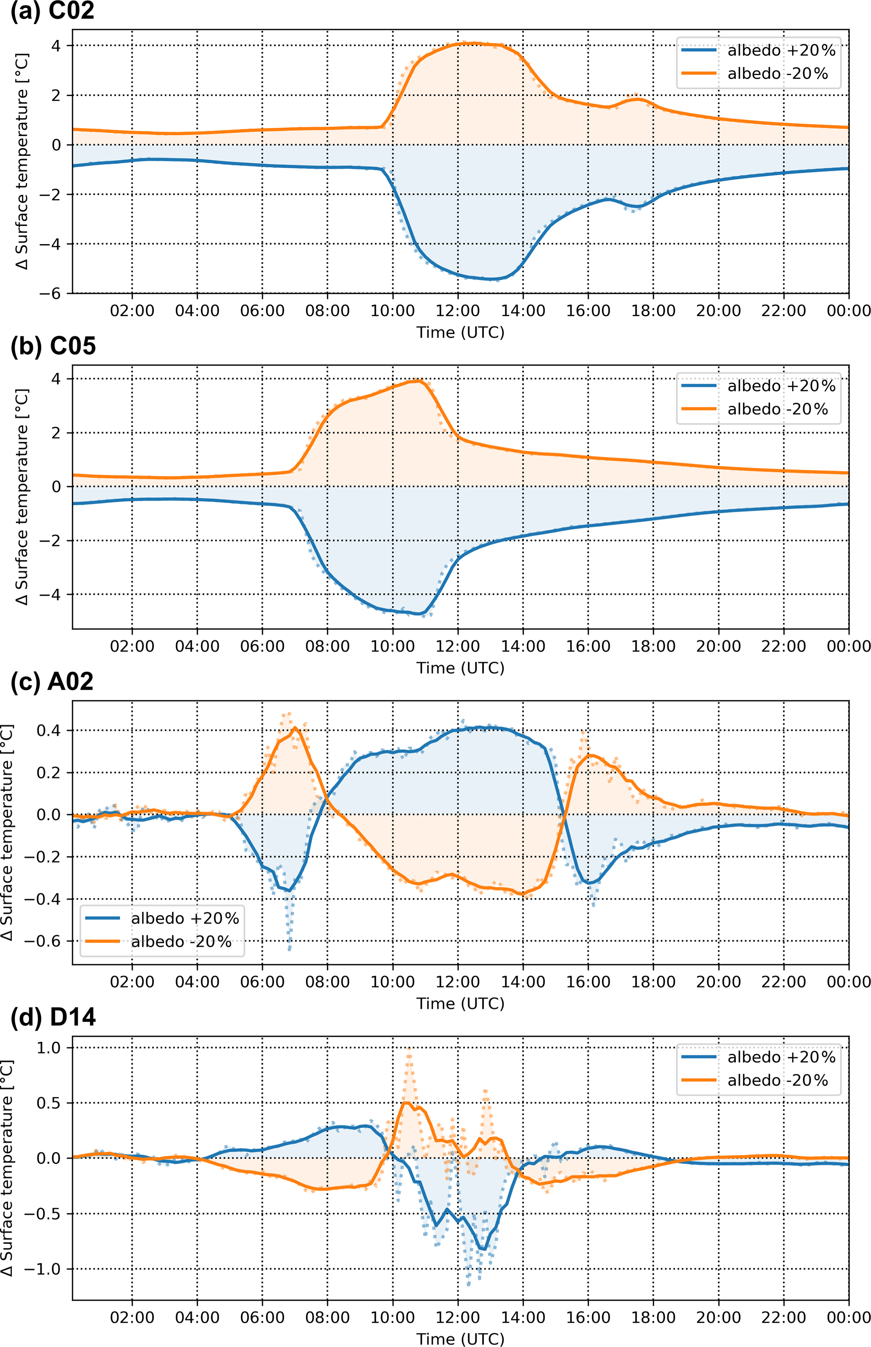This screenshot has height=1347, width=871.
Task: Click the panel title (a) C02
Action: tap(52, 11)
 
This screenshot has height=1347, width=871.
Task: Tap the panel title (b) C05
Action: tap(53, 346)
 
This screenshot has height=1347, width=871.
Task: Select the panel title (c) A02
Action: tap(52, 681)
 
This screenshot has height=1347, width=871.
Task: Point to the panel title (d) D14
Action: tap(53, 1016)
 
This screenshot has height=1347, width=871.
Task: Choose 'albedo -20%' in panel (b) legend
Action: tap(777, 409)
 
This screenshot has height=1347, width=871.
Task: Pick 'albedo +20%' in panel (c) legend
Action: tap(185, 918)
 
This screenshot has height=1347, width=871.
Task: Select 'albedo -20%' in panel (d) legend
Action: tap(777, 1080)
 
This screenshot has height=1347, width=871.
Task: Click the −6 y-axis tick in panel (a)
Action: tap(53, 293)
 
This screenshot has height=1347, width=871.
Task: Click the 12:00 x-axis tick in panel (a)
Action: tap(458, 311)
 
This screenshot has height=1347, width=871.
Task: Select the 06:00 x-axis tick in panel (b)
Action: tap(263, 646)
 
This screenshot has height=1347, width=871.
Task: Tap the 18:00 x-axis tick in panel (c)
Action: tap(653, 981)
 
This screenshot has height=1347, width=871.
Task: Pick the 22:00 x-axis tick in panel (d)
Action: tap(783, 1317)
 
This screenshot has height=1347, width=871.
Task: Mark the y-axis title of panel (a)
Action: tap(21, 161)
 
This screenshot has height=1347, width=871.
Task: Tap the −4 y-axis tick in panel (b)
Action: tap(53, 594)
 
